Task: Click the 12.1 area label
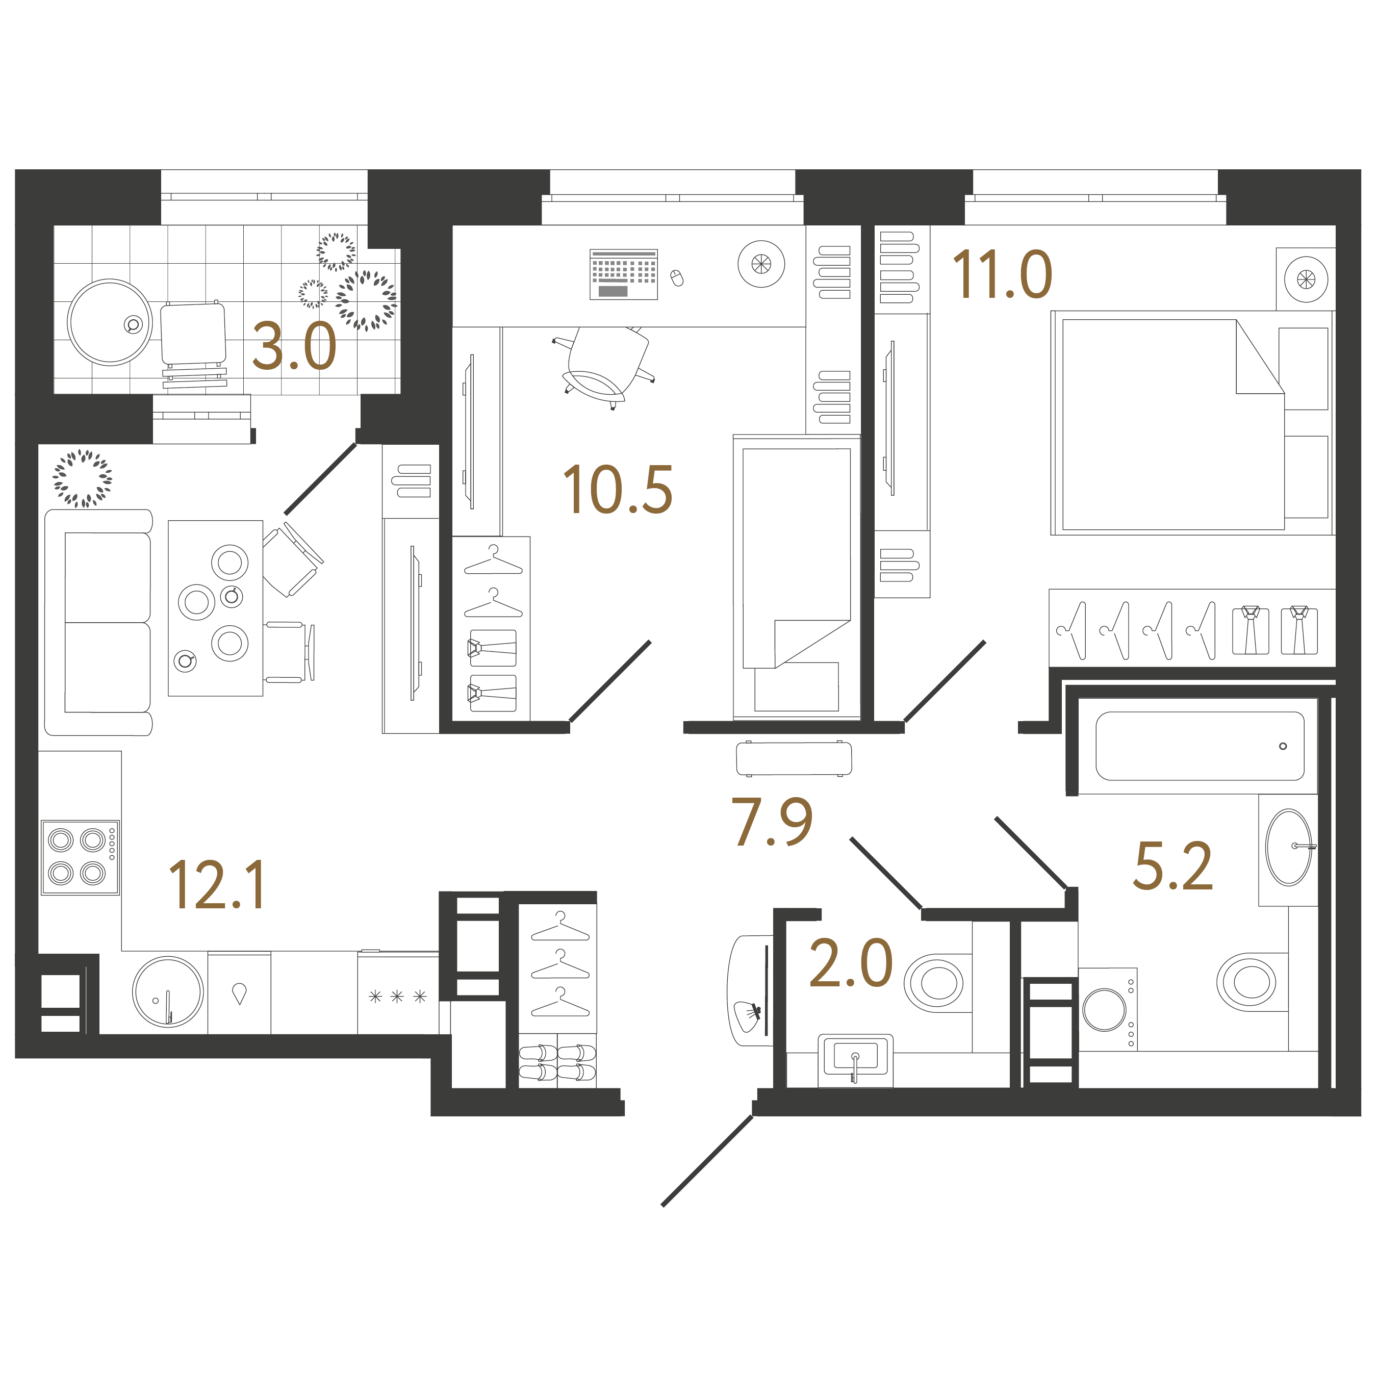pos(217,885)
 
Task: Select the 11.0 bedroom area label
pos(1002,275)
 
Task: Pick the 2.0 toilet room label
pos(851,963)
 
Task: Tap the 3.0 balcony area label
pos(294,347)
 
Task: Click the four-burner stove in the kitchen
pos(79,857)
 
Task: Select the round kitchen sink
pos(168,991)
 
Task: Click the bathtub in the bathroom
pos(1200,746)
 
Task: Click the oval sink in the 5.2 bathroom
pos(1289,848)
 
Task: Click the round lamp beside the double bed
pos(1306,279)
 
